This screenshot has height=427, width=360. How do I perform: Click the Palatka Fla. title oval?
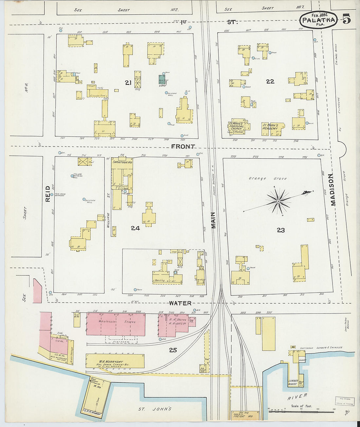point(318,20)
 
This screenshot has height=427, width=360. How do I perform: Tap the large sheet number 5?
point(347,20)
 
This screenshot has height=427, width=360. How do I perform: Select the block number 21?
point(128,83)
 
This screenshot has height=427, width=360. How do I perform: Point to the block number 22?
point(270,81)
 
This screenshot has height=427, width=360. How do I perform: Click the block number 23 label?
point(281,230)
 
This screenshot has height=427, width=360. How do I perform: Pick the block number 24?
point(135,228)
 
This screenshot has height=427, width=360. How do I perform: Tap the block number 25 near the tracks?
point(173,350)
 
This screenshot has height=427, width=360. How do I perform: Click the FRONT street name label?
point(183,147)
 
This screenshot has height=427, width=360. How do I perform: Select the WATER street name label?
point(180,303)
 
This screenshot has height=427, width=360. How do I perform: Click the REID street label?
point(48,193)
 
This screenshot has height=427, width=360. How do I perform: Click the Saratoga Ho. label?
point(122,162)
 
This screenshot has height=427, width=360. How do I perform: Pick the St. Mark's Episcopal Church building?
point(236,126)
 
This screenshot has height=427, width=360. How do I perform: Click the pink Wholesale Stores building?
point(116,324)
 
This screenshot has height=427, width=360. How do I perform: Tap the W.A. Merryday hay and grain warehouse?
point(115,361)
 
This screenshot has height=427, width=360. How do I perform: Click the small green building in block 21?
point(162,79)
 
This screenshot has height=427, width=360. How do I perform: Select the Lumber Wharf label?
point(293,382)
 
